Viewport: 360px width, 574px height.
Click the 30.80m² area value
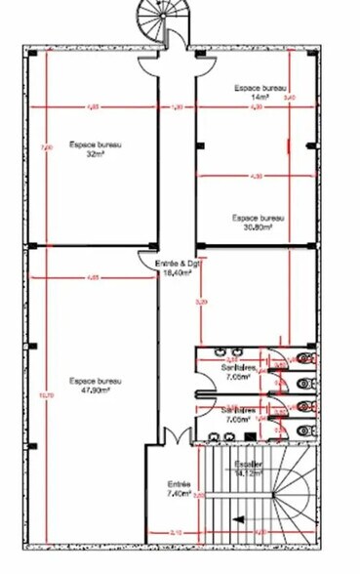[x=258, y=227]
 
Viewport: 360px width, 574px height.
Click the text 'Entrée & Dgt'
[x=177, y=266]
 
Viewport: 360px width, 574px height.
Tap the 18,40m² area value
[x=177, y=274]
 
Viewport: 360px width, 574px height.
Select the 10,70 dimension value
[x=42, y=394]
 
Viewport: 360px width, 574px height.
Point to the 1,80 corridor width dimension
[x=177, y=106]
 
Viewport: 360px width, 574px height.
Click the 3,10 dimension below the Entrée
[x=176, y=532]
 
